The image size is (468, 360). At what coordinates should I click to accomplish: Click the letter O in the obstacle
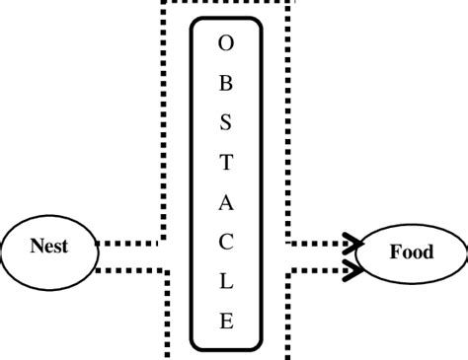pyautogui.click(x=226, y=44)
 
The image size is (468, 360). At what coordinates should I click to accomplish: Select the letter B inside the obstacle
pyautogui.click(x=226, y=85)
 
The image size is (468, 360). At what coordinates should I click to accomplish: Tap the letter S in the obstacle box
pyautogui.click(x=226, y=124)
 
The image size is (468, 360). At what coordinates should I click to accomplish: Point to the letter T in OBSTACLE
pyautogui.click(x=226, y=164)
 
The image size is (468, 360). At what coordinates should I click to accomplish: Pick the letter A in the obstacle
pyautogui.click(x=226, y=204)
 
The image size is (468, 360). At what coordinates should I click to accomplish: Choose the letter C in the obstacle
pyautogui.click(x=226, y=244)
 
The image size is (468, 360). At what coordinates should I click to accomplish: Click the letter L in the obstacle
pyautogui.click(x=226, y=283)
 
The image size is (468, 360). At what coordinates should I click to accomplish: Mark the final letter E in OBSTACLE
pyautogui.click(x=226, y=322)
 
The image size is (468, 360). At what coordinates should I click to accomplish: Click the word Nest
pyautogui.click(x=48, y=247)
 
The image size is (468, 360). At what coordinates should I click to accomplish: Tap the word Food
pyautogui.click(x=411, y=252)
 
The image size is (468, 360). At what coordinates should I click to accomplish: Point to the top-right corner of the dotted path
pyautogui.click(x=289, y=3)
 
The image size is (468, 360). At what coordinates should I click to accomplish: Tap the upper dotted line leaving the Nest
pyautogui.click(x=128, y=242)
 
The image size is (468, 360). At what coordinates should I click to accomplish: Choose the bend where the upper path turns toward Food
pyautogui.click(x=289, y=242)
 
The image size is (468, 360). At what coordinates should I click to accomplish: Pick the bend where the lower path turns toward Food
pyautogui.click(x=288, y=270)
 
